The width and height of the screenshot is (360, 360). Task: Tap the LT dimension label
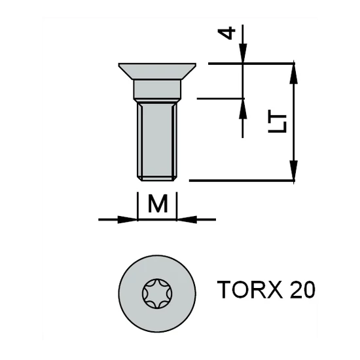279,121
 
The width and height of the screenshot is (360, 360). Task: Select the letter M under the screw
158,204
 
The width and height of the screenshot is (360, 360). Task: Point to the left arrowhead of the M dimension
130,219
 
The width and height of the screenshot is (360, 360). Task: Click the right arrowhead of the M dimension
185,219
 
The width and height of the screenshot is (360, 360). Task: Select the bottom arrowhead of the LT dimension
294,172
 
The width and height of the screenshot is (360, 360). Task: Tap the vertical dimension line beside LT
294,121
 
